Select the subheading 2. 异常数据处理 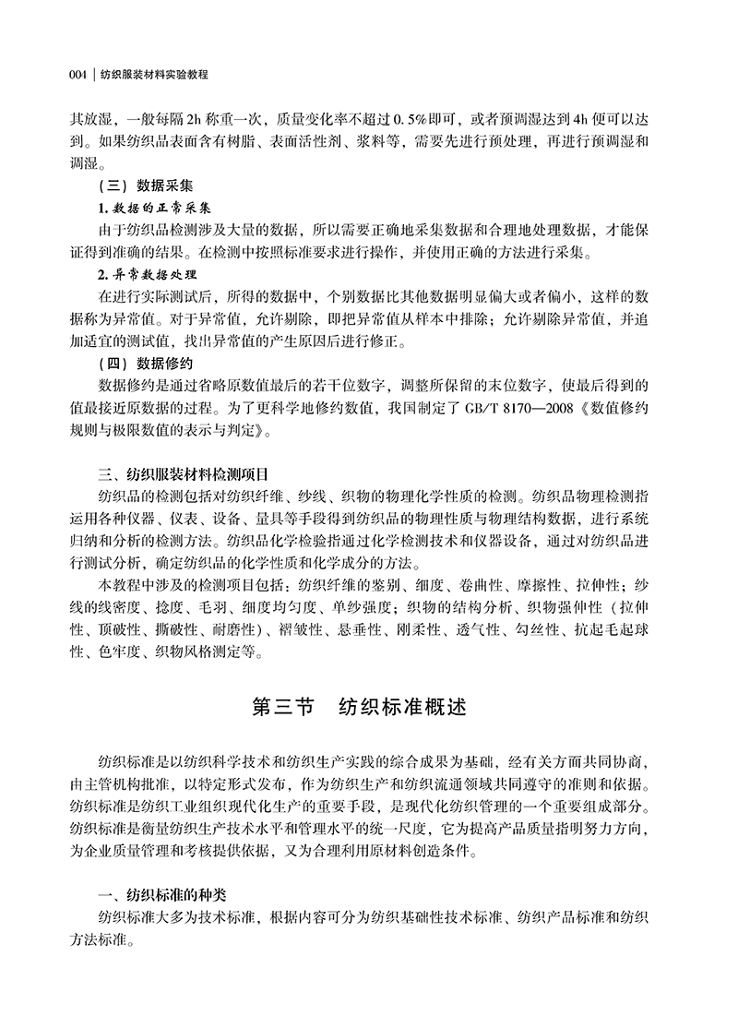click(147, 275)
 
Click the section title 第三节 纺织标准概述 click(369, 708)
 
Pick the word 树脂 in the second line click(242, 142)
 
